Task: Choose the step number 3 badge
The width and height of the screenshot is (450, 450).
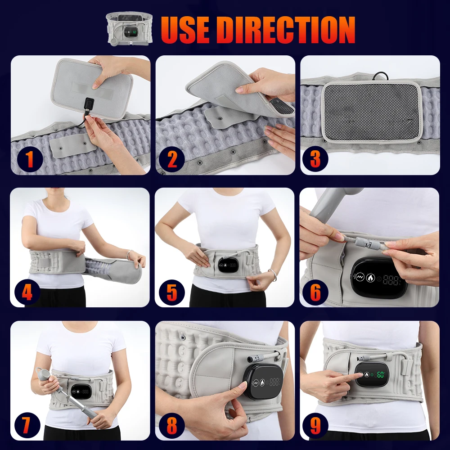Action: [315, 160]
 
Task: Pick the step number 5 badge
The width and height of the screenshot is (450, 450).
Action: [171, 292]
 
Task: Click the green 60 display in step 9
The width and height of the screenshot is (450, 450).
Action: [381, 375]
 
